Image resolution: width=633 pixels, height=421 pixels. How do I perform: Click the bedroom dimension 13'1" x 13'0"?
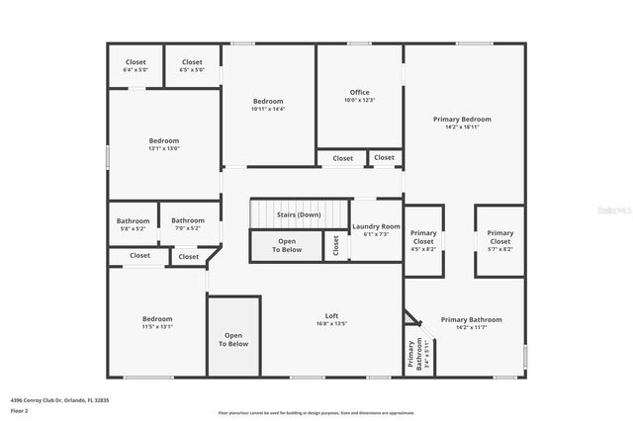164,149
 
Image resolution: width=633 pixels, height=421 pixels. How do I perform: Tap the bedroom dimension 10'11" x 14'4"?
268,109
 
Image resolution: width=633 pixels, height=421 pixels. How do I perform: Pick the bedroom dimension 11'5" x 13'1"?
157,327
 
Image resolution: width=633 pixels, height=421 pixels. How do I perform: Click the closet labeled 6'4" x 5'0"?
136,70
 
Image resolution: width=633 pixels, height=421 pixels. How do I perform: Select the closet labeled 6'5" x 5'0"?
192,70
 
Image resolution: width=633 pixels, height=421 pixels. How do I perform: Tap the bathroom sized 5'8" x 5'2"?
133,228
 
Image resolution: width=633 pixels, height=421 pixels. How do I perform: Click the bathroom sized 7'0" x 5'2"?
188,228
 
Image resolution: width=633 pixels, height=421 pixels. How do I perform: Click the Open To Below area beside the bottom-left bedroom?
233,340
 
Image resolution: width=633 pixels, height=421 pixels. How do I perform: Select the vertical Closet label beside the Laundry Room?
335,245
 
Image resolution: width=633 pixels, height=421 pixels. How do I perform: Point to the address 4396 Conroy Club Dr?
45,400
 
